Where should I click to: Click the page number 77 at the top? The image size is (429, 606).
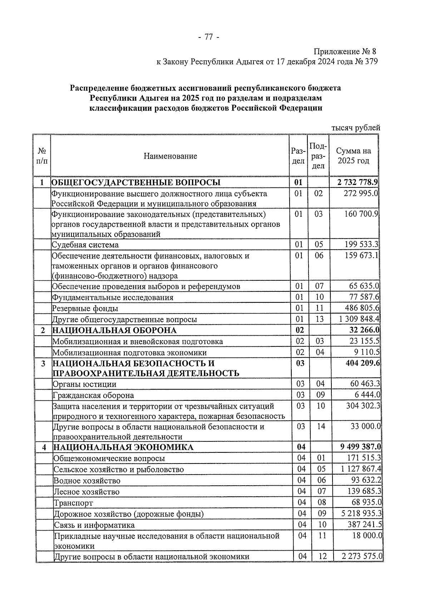pos(208,37)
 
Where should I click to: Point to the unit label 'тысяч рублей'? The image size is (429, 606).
pos(355,128)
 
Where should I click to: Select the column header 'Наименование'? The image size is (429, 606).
pos(170,156)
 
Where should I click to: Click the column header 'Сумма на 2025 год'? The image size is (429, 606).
pos(353,156)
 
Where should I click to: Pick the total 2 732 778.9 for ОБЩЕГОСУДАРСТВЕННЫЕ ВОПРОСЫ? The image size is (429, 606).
pos(357,182)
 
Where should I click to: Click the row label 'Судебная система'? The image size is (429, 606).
pos(85,245)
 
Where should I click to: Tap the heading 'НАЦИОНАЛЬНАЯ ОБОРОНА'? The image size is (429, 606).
pos(114,330)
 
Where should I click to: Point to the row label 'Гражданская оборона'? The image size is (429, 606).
pos(93,395)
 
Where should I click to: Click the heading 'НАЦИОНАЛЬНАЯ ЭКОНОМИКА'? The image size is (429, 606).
pos(123,447)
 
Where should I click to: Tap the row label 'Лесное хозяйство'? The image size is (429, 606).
pos(87,492)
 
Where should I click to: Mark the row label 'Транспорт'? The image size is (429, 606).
pos(73,503)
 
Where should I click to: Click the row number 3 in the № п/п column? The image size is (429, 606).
pos(43,364)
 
